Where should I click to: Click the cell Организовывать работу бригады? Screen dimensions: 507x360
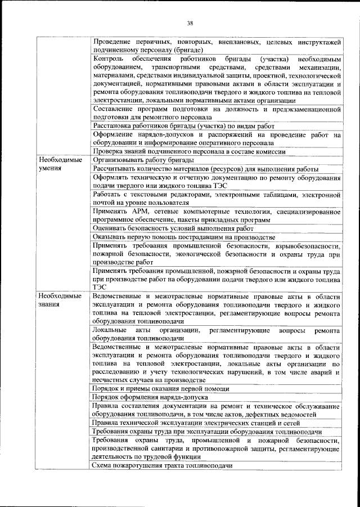150,160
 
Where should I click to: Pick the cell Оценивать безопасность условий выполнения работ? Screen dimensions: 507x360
173,228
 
